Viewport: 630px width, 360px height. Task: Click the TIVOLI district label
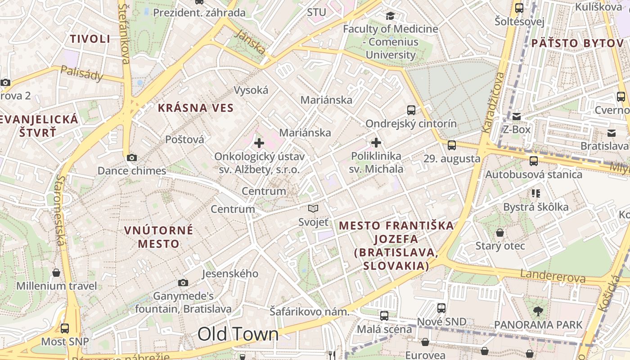[90, 39]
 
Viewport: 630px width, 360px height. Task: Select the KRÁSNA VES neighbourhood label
[196, 108]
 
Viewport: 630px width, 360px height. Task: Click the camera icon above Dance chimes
[132, 157]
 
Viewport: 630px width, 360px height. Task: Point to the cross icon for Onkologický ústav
[259, 144]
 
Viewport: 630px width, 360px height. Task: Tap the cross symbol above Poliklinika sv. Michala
[376, 143]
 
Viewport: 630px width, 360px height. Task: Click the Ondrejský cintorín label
[411, 123]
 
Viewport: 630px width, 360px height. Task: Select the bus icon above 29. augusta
[452, 145]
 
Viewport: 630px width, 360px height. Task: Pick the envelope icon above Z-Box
[517, 117]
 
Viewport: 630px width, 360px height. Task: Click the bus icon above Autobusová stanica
[534, 161]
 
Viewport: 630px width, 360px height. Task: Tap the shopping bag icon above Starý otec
[500, 233]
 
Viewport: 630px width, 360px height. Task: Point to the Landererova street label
[553, 276]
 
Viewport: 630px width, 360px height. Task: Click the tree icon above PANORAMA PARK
[538, 311]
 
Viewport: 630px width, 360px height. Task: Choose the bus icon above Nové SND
[441, 308]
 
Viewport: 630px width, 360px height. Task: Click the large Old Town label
[238, 334]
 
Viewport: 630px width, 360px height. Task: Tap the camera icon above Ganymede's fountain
[183, 283]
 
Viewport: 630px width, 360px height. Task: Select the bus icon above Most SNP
[65, 328]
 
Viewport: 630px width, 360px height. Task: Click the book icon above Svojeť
[313, 208]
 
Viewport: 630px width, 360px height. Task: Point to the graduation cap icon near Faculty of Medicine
[390, 16]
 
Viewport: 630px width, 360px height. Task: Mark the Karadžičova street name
[493, 102]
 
